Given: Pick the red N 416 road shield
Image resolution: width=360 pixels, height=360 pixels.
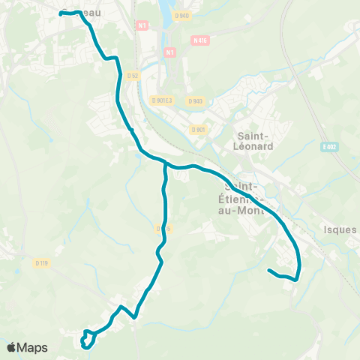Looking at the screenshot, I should point(199,40).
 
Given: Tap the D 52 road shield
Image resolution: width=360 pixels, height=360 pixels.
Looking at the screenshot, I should point(133,75).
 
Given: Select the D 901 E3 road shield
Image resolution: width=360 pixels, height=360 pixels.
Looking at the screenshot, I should point(162,100).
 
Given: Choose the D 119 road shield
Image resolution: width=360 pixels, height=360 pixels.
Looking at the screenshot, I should point(41,262).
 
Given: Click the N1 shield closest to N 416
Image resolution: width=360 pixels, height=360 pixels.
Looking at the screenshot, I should point(169,52).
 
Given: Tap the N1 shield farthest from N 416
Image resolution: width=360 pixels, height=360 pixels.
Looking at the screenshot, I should point(143,25).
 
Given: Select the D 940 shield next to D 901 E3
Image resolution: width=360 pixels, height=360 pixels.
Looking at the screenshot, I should point(195,100).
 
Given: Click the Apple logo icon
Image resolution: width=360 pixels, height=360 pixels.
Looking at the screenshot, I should point(13,347).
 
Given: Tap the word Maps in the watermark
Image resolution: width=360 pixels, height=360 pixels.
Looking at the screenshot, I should point(33,347).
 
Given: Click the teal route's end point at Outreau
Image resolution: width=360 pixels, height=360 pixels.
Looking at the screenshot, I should point(61,13).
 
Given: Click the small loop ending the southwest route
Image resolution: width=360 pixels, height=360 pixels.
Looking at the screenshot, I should point(87,340).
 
